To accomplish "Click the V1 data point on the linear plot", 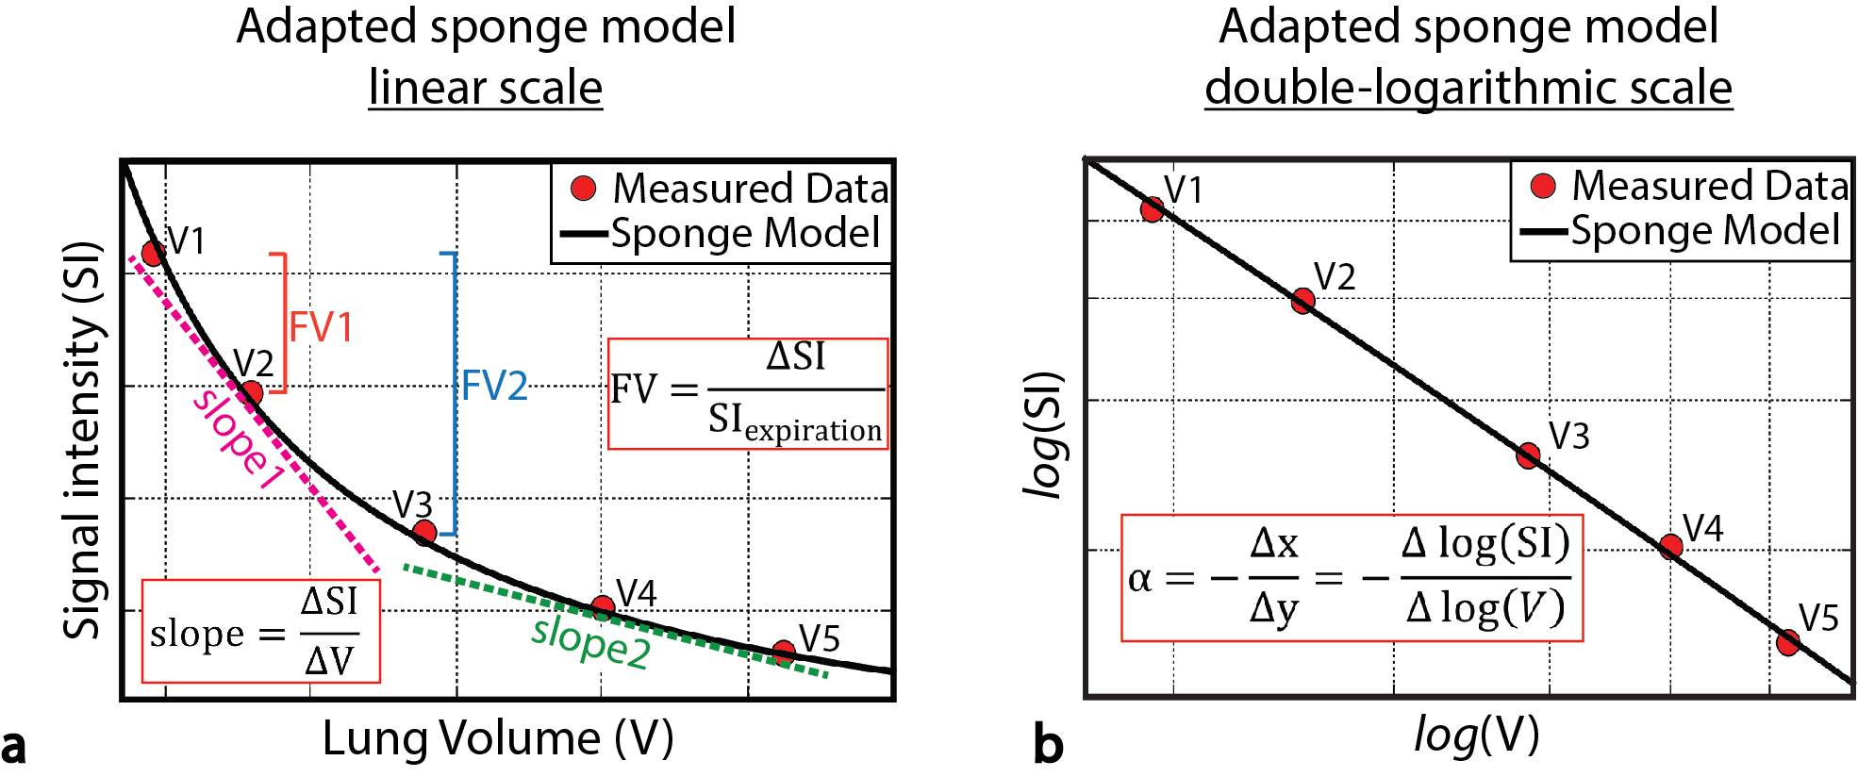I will coord(153,253).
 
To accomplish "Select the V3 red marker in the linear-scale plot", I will coord(424,533).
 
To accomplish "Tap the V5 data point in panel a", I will coord(784,651).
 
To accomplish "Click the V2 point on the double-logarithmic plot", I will coord(1302,301).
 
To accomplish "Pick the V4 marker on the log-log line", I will coord(1670,546).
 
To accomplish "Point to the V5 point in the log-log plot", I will coord(1787,642).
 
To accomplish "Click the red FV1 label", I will coord(321,327).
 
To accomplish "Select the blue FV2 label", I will coord(494,386).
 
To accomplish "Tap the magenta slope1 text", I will coord(239,439).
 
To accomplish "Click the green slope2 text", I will coord(590,642).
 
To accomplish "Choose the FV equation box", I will coord(748,393).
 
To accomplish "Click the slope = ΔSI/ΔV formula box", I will coord(260,631).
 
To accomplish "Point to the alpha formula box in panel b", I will coord(1351,578).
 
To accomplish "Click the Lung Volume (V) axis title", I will coord(498,737).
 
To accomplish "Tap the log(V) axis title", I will coord(1476,734).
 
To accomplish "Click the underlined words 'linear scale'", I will coord(485,88).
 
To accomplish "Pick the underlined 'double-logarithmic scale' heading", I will coord(1468,88).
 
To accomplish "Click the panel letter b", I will coord(1048,744).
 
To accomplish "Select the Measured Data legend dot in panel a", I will coord(584,189).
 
